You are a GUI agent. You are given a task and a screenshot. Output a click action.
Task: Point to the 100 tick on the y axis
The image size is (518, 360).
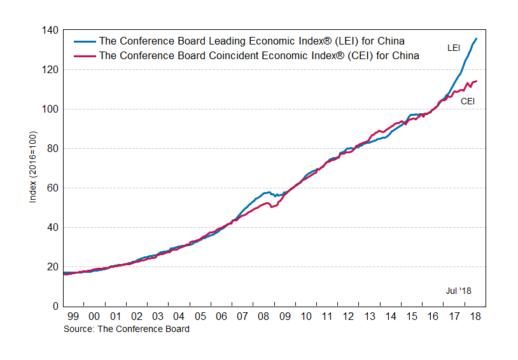pos(51,109)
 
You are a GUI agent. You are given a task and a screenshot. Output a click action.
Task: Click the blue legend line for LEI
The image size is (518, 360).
pos(85,42)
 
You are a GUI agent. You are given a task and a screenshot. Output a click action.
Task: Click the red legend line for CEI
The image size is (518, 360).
pos(85,55)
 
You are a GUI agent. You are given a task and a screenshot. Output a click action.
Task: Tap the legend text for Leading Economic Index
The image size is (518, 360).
pos(252,42)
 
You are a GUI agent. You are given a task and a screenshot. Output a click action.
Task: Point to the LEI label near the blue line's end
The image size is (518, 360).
pos(454,48)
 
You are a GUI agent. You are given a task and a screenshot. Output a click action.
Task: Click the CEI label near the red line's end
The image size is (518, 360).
pos(467,100)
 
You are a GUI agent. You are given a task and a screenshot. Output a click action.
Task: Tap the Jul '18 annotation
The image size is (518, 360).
pos(458,291)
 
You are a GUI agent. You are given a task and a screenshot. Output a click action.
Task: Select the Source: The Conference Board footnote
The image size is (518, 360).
pos(126,329)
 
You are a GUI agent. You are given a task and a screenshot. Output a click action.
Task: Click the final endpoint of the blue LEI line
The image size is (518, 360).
pos(477,39)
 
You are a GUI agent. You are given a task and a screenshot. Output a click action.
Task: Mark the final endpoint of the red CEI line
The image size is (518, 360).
pos(477,81)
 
